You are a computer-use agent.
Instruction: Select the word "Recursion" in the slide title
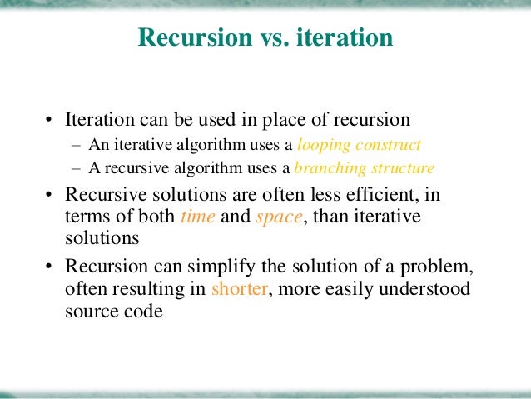(194, 38)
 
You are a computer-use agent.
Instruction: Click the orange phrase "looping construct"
(359, 143)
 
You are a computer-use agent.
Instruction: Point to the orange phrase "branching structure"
(364, 168)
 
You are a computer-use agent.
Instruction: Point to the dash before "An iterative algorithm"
(76, 143)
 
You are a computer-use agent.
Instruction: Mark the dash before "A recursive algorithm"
(76, 168)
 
